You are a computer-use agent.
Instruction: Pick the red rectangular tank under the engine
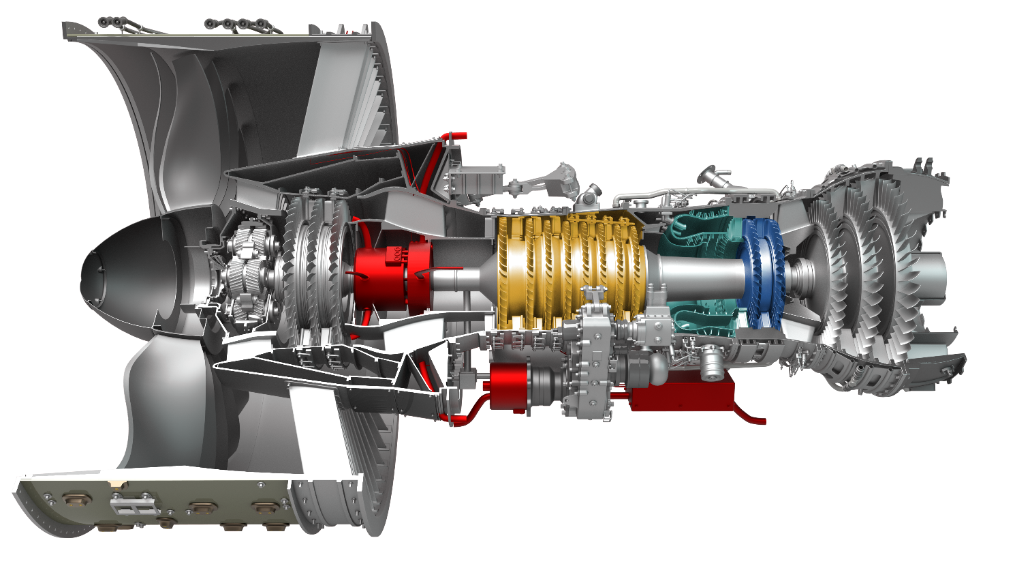click(681, 395)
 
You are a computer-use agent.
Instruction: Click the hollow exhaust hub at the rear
click(933, 273)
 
